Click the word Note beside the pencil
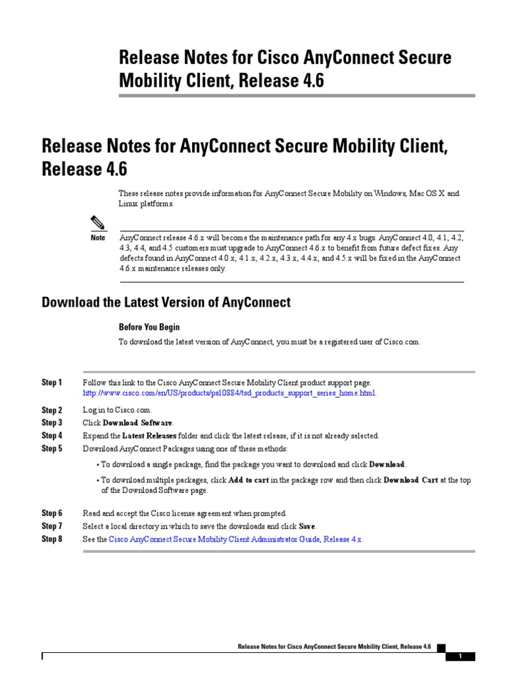pyautogui.click(x=98, y=237)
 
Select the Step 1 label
pyautogui.click(x=52, y=382)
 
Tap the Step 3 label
pyautogui.click(x=52, y=423)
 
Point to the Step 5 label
pyautogui.click(x=52, y=449)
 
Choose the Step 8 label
pyautogui.click(x=52, y=539)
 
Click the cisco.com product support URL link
pyautogui.click(x=229, y=393)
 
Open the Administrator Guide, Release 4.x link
pyautogui.click(x=235, y=539)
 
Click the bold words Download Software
pyautogui.click(x=137, y=423)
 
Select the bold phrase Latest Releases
pyautogui.click(x=149, y=436)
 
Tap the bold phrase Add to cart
pyautogui.click(x=249, y=480)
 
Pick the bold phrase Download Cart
pyautogui.click(x=411, y=480)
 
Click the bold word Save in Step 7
pyautogui.click(x=307, y=526)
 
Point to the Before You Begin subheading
pyautogui.click(x=149, y=326)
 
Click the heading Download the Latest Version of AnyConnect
pyautogui.click(x=166, y=302)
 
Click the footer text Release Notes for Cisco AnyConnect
pyautogui.click(x=334, y=648)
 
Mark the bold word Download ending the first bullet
pyautogui.click(x=387, y=465)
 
